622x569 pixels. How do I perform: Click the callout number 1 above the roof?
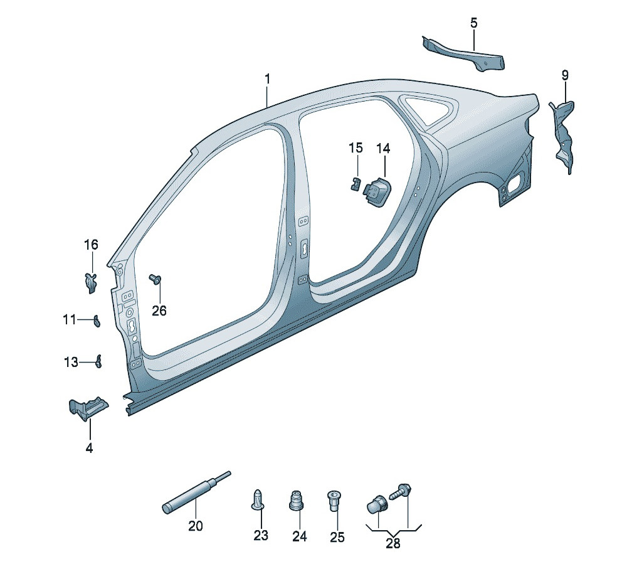[x=267, y=80]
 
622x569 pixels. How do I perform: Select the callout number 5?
[x=473, y=23]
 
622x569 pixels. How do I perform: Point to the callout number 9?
[x=565, y=75]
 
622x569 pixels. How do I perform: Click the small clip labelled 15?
[x=355, y=183]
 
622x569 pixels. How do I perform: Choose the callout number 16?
[x=92, y=244]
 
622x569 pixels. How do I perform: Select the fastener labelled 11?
[x=97, y=321]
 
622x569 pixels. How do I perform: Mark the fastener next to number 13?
[x=98, y=361]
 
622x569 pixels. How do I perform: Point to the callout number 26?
[x=159, y=310]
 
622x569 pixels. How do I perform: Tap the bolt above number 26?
[x=154, y=279]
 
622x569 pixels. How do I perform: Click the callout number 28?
[x=393, y=543]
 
